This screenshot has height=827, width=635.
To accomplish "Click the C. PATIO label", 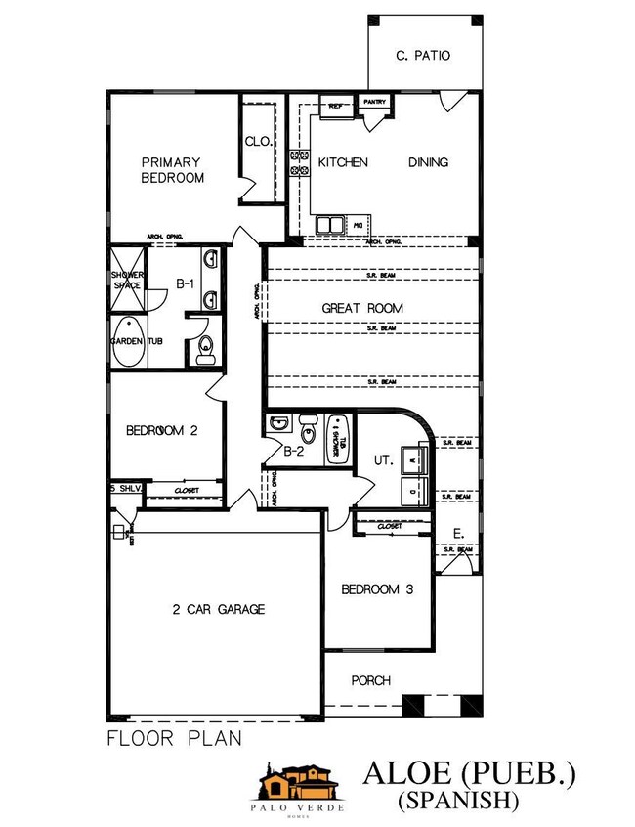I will (424, 56).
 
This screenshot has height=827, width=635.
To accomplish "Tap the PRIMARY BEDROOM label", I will (172, 170).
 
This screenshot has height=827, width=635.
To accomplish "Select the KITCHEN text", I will (342, 162).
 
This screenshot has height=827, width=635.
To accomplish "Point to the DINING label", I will (428, 162).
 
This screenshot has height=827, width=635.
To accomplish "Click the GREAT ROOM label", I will (362, 308).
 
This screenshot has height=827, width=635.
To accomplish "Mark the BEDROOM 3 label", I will (377, 589).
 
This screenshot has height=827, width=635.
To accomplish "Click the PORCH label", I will (370, 680).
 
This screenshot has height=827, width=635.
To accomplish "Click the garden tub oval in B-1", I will (127, 342).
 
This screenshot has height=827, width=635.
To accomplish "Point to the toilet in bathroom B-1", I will (205, 347).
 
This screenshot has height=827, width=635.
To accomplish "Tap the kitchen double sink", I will (329, 225).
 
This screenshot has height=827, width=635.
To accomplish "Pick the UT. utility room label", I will (383, 458).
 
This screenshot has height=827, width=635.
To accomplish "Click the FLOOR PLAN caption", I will (174, 739).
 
